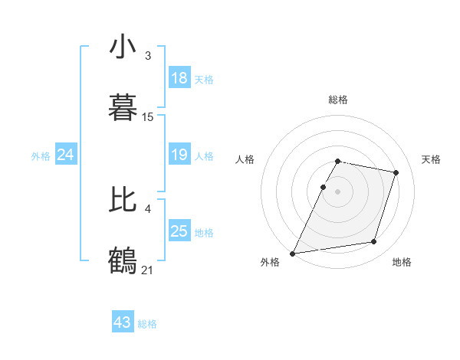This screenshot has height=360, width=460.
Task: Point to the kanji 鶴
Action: [x=123, y=258]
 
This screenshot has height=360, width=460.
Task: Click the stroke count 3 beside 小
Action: [x=148, y=56]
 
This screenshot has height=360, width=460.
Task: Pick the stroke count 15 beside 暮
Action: [x=148, y=117]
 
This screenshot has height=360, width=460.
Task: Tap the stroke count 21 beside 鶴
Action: [x=149, y=269]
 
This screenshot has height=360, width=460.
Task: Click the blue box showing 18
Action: [x=179, y=78]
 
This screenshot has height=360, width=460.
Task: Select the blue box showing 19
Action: [x=179, y=155]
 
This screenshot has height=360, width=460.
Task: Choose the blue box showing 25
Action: [x=179, y=231]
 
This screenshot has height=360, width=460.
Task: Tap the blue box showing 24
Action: [x=66, y=155]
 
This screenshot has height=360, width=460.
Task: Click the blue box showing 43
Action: [x=123, y=322]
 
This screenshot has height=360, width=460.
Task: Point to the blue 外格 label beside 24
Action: [x=41, y=156]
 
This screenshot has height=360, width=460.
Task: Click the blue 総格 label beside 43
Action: [x=147, y=324]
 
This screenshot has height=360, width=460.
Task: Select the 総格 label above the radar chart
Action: [x=338, y=100]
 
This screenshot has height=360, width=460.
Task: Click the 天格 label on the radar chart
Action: [x=431, y=159]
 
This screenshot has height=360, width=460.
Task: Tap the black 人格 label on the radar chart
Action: [x=245, y=159]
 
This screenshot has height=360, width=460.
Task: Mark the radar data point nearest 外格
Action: [x=293, y=254]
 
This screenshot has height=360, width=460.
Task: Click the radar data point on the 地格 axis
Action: [x=374, y=242]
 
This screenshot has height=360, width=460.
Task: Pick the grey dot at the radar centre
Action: [x=338, y=191]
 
